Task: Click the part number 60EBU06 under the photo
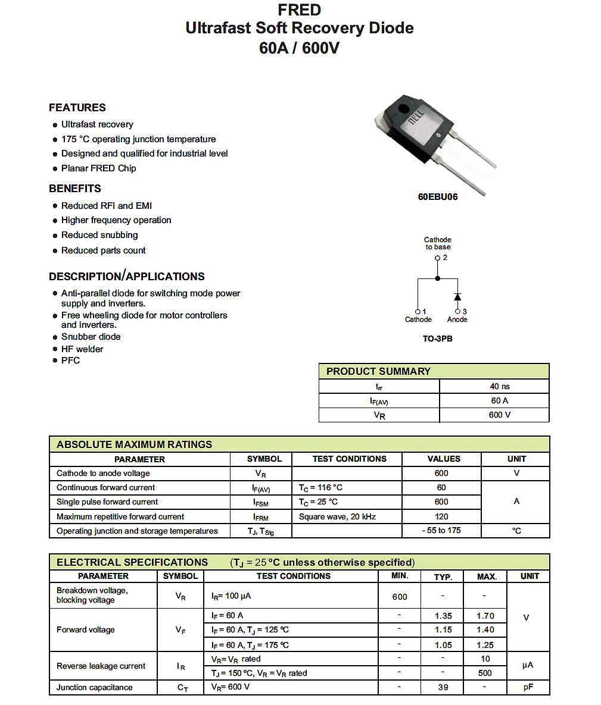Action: pos(438,197)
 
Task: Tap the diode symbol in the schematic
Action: pos(457,296)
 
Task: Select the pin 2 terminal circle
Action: pos(438,258)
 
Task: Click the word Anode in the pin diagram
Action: pos(457,319)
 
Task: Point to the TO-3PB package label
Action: pos(438,339)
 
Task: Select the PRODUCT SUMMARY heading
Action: pos(378,371)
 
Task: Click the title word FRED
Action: pos(299,10)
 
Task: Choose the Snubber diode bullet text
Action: pos(91,337)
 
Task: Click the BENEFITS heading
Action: pos(75,189)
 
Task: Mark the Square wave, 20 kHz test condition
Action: pos(337,516)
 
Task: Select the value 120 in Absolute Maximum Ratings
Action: pos(441,516)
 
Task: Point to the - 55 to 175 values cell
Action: pos(441,531)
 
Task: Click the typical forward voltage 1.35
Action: pos(443,616)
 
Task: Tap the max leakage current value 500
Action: pos(485,673)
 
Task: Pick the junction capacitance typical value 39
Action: pos(443,687)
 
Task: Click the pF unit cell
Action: pos(528,687)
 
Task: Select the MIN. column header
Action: pos(400,576)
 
